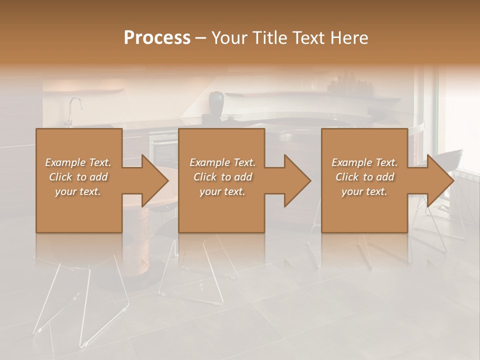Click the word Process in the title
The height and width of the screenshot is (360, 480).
(157, 38)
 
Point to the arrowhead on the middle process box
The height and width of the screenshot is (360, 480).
(296, 180)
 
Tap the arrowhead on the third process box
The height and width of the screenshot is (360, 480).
(439, 180)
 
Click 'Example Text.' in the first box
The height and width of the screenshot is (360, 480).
(78, 162)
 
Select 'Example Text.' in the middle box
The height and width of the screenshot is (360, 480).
(222, 162)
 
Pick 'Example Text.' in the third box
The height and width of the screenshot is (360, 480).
(364, 162)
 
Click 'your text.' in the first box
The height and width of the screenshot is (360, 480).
(78, 191)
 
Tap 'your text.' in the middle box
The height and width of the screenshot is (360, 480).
(222, 191)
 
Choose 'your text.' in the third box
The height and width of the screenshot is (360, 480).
(364, 191)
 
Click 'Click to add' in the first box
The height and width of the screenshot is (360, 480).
(78, 177)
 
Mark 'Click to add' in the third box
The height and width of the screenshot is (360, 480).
(364, 177)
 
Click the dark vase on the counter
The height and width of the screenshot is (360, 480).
(216, 103)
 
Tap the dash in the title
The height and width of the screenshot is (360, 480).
(200, 38)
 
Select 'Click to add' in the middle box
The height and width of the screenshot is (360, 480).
(222, 177)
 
